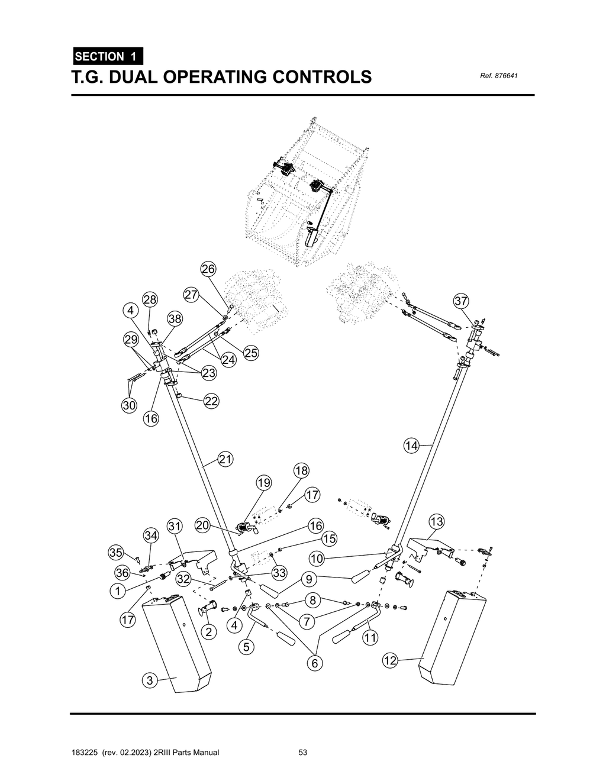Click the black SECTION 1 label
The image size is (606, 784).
tap(107, 57)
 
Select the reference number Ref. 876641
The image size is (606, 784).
tap(495, 76)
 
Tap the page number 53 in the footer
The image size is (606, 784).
tap(303, 753)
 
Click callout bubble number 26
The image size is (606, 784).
tap(208, 269)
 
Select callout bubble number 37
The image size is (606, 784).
tap(461, 301)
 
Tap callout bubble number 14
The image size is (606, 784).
tap(412, 446)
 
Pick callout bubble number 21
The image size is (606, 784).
tap(225, 459)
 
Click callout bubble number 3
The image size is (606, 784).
tap(150, 680)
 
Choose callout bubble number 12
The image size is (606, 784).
tap(389, 661)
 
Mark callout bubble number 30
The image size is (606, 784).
tap(129, 405)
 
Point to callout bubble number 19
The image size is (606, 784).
tap(263, 483)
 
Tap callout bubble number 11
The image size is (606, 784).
tap(370, 637)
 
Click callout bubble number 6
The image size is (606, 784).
tap(315, 663)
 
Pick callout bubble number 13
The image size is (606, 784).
tap(436, 522)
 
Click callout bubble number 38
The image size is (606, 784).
tap(175, 319)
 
